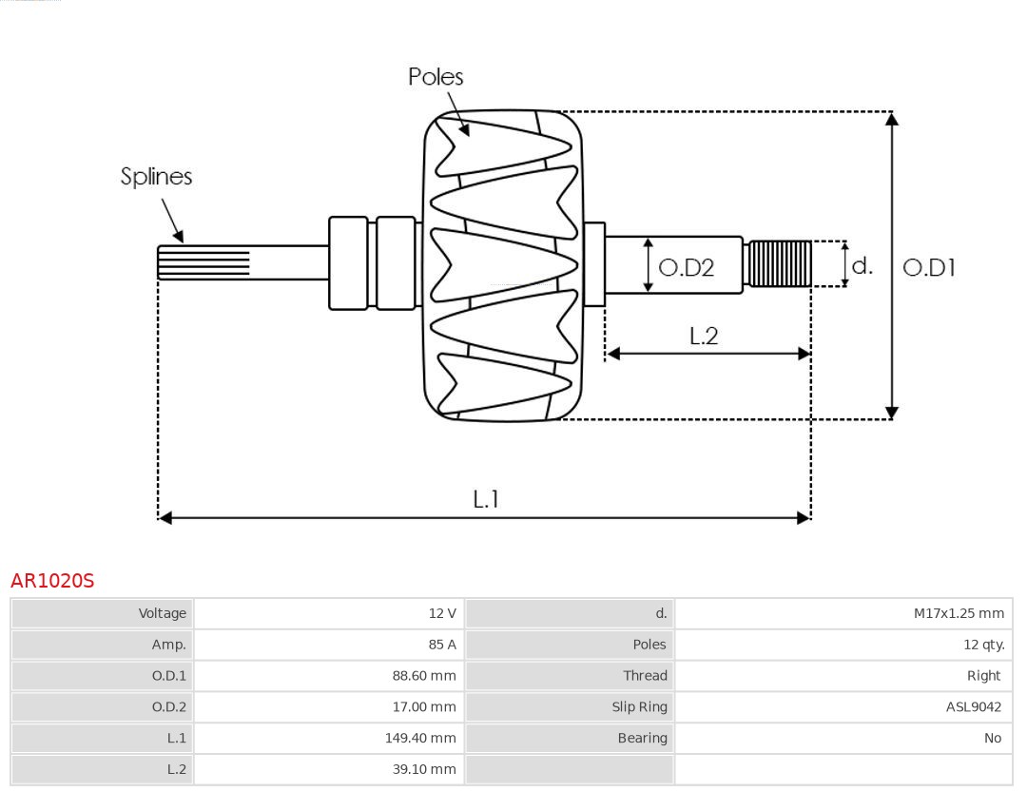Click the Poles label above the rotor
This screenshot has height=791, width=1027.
[x=436, y=77]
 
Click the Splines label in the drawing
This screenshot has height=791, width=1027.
[x=156, y=177]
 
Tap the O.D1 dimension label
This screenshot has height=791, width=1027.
[x=928, y=268]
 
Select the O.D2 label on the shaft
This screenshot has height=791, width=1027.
[x=686, y=268]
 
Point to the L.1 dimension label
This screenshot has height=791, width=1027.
[x=486, y=499]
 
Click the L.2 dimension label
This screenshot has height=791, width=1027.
[x=703, y=336]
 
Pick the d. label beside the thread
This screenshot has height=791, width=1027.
[x=862, y=266]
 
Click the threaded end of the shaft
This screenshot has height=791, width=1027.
[x=779, y=264]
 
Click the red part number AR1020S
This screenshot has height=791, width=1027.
[x=52, y=581]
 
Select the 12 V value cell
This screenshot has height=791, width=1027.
[x=442, y=613]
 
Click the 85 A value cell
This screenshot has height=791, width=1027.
[x=442, y=645]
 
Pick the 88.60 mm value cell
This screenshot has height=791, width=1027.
[x=424, y=676]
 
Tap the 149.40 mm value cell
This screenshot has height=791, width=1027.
[x=421, y=738]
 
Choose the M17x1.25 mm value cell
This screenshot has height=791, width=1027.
[x=959, y=613]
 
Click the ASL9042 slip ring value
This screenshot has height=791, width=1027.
[x=973, y=706]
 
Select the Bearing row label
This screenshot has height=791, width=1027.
[x=642, y=738]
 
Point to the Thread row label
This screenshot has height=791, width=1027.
[x=645, y=676]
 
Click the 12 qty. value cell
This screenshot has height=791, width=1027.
[x=983, y=645]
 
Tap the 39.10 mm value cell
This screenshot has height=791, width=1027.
[x=424, y=769]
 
